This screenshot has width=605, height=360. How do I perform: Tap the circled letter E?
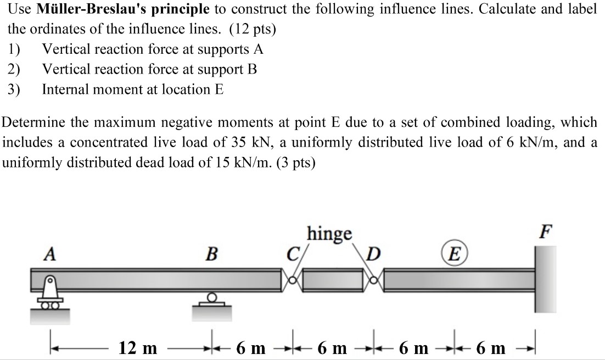pyautogui.click(x=454, y=255)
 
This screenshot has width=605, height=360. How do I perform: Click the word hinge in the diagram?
pyautogui.click(x=329, y=233)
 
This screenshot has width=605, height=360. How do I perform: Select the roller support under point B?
pyautogui.click(x=211, y=303)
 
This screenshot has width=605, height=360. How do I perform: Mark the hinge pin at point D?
pyautogui.click(x=376, y=280)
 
